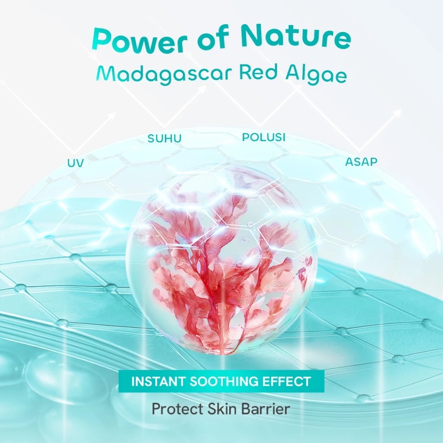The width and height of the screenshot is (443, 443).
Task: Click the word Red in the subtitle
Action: point(258,73)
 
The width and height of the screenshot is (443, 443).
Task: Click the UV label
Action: point(75,164)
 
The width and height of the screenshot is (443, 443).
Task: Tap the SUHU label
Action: point(164,139)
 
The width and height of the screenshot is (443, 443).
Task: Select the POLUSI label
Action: point(264,137)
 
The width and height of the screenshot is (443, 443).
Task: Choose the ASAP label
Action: point(361,162)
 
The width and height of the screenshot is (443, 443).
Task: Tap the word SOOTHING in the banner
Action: point(225,382)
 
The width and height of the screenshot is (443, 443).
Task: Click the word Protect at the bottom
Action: point(174,409)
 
